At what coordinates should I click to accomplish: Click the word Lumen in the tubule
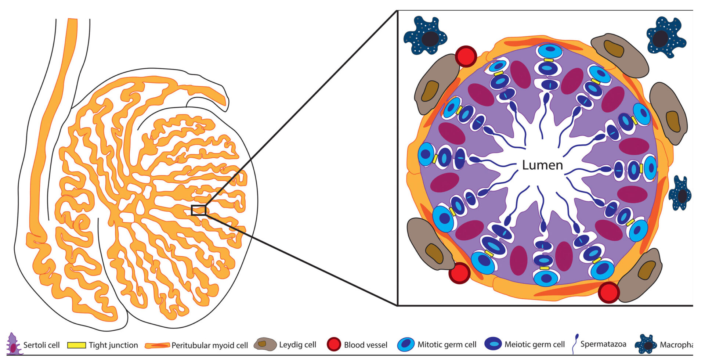pos(542,165)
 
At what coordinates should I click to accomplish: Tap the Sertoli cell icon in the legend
pos(14,344)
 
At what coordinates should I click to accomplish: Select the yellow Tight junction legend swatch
pos(76,345)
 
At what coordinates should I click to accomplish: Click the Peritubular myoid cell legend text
pos(210,345)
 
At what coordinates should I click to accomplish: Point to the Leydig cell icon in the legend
pos(265,345)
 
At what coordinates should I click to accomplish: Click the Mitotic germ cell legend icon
pos(406,345)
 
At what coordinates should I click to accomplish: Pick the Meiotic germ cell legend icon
pos(493,344)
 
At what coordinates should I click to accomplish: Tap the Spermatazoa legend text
pos(603,344)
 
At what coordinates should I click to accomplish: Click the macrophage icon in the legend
pos(646,345)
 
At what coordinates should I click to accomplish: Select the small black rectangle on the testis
pos(199,210)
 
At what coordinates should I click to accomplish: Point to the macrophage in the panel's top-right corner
pos(665,37)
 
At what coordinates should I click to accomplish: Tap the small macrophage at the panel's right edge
pos(680,194)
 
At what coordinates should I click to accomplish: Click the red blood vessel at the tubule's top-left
pos(466,56)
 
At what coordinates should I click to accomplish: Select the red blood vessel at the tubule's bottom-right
pos(608,292)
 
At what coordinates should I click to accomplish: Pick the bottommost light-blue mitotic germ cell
pos(546,278)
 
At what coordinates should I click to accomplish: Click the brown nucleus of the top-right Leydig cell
pos(614,49)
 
